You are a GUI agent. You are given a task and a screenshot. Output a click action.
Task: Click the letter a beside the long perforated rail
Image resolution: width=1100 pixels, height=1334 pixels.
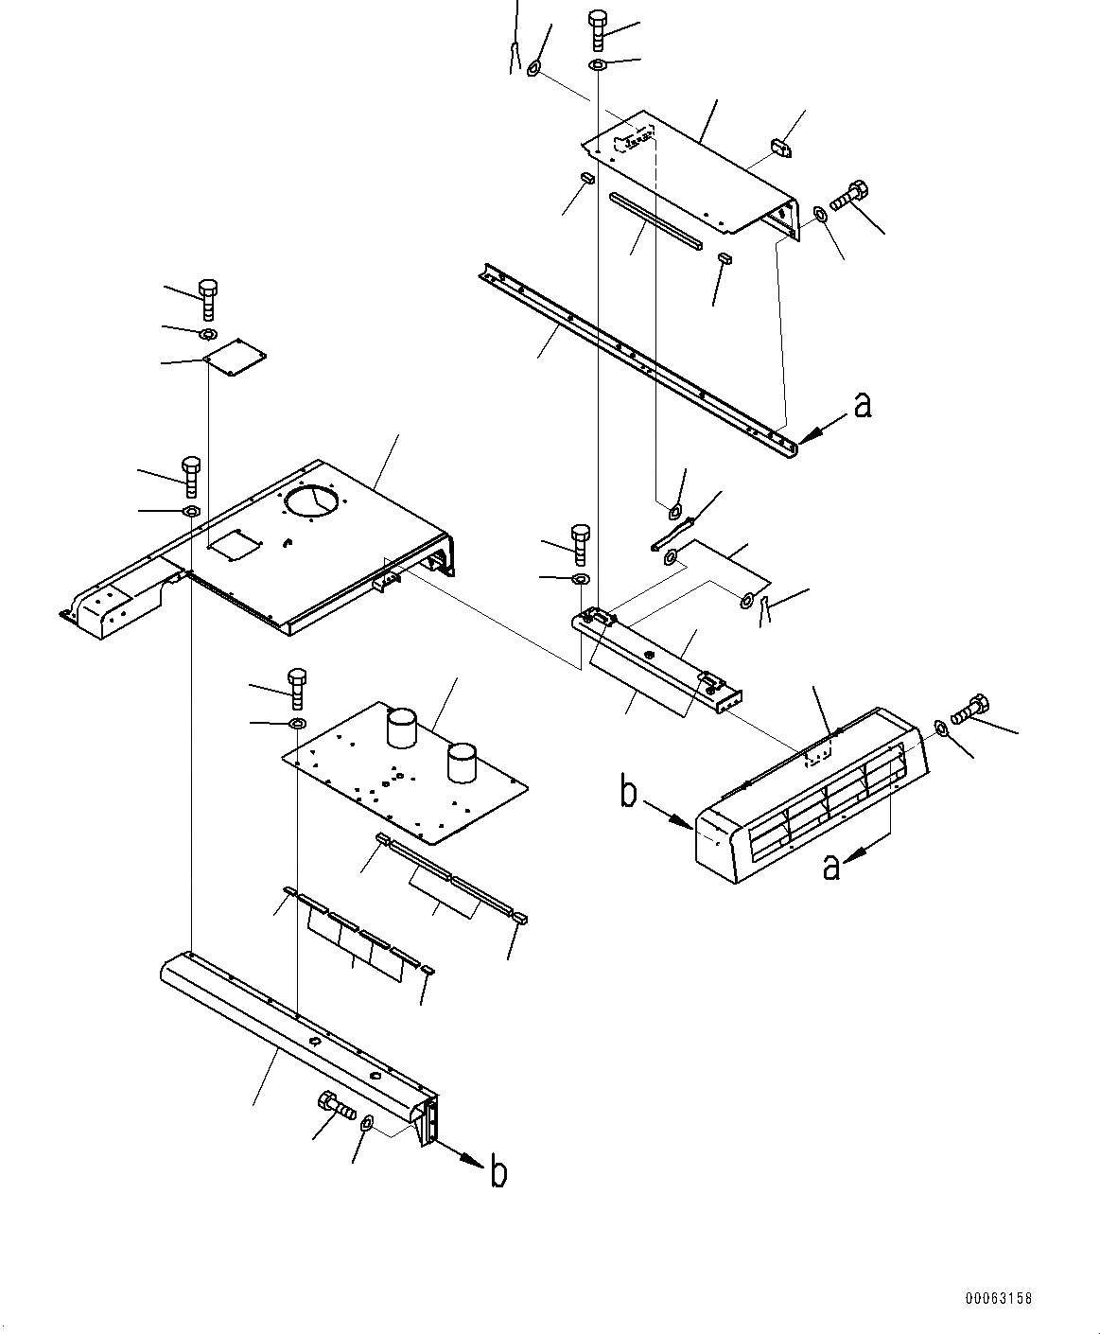(862, 405)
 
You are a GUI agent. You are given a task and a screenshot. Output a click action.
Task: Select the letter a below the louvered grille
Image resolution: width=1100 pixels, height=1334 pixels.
(830, 865)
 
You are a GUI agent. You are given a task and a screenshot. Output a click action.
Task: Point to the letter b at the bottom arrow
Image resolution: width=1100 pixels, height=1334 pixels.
(498, 1173)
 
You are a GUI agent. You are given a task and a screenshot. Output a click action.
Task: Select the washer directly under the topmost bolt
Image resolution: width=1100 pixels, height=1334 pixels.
(598, 65)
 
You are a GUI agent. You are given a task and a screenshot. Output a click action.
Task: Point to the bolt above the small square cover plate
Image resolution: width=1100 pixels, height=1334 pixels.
(208, 298)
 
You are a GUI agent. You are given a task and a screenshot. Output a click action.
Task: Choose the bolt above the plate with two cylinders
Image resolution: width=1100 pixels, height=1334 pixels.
(296, 688)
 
